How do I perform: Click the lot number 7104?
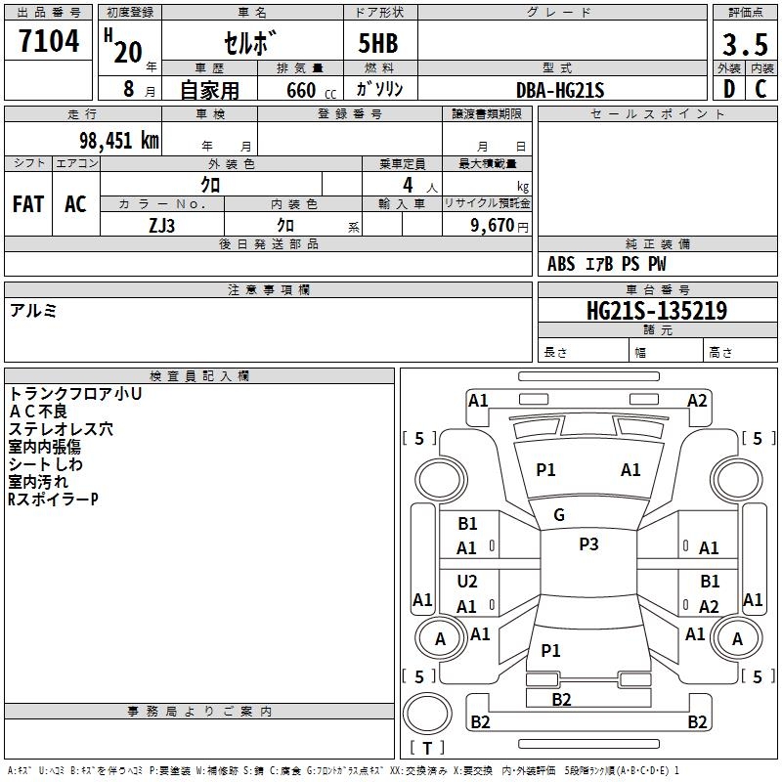pyautogui.click(x=49, y=42)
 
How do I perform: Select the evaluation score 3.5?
pyautogui.click(x=743, y=45)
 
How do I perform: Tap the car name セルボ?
pyautogui.click(x=251, y=44)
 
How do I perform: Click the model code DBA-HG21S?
pyautogui.click(x=560, y=90)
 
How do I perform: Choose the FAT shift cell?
pyautogui.click(x=28, y=204)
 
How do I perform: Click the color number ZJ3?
pyautogui.click(x=162, y=225)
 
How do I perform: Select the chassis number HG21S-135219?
pyautogui.click(x=657, y=311)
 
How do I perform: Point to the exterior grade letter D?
pyautogui.click(x=728, y=90)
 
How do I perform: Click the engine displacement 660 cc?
pyautogui.click(x=307, y=91)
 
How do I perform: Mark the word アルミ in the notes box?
pyautogui.click(x=33, y=310)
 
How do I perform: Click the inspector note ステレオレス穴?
pyautogui.click(x=61, y=428)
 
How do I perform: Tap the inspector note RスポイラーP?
pyautogui.click(x=53, y=500)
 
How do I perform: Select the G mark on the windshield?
pyautogui.click(x=559, y=515)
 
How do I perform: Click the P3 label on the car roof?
pyautogui.click(x=588, y=544)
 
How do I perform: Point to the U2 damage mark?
pyautogui.click(x=467, y=582)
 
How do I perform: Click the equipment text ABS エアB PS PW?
pyautogui.click(x=607, y=264)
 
